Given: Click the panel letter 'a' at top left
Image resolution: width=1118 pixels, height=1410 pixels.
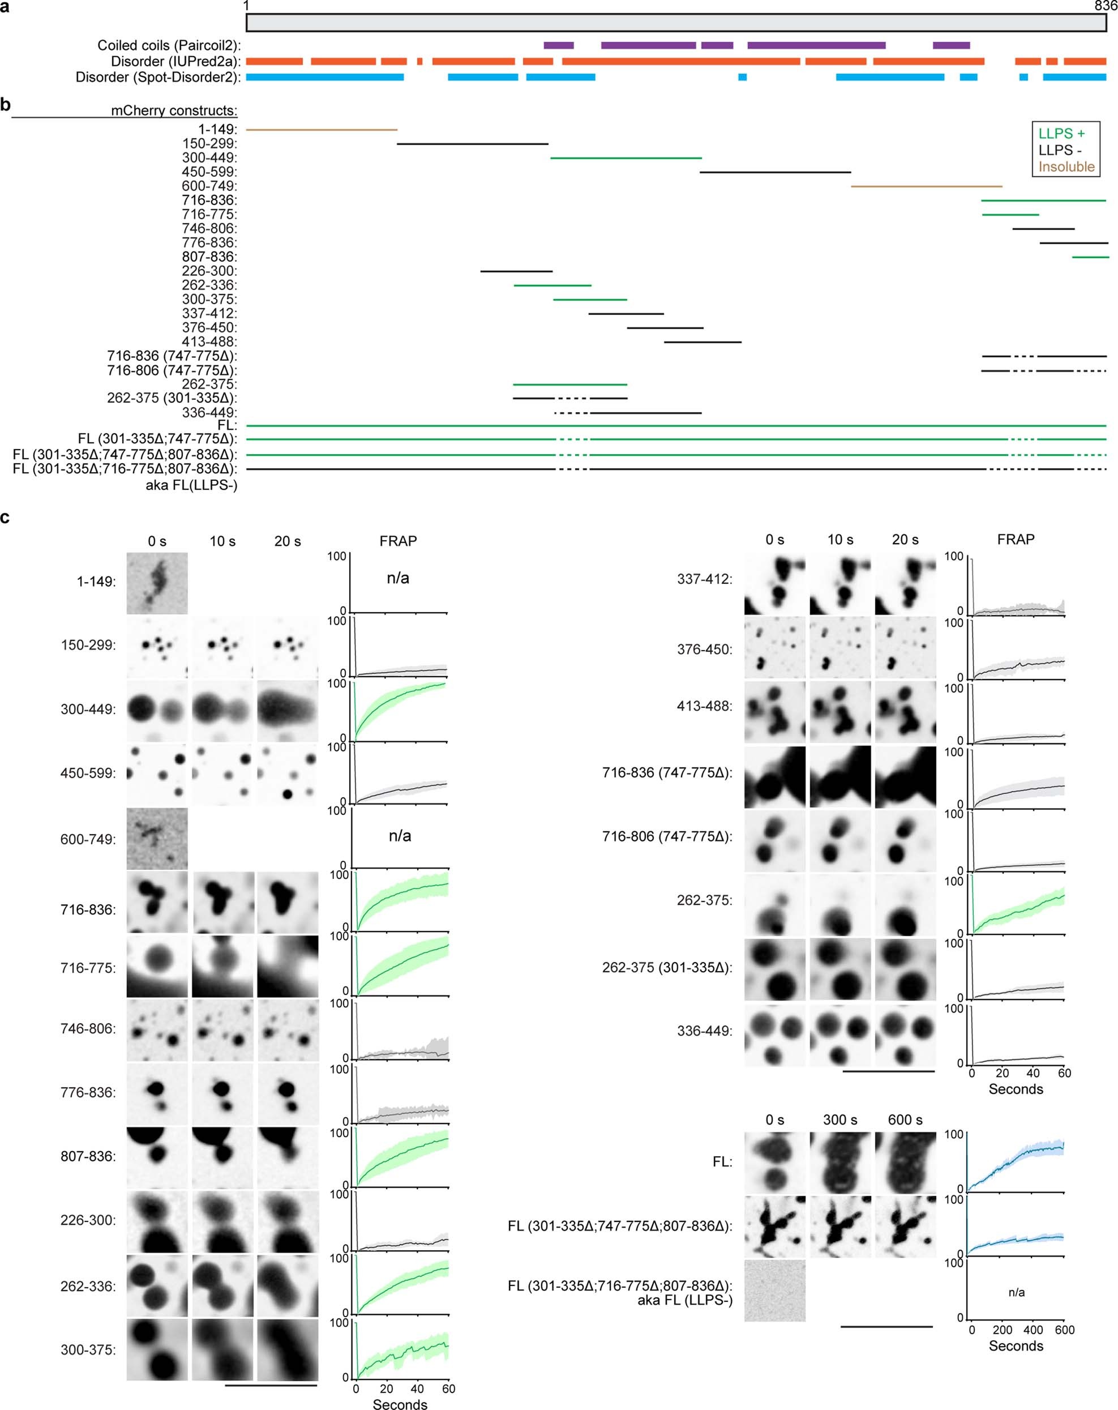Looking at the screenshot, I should click(x=5, y=7).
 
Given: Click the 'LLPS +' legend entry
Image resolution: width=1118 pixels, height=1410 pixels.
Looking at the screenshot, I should click(x=1061, y=134).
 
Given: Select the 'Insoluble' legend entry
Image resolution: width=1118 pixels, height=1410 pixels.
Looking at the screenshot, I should click(x=1066, y=167).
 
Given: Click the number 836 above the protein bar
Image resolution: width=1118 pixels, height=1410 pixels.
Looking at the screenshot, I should click(x=1106, y=6).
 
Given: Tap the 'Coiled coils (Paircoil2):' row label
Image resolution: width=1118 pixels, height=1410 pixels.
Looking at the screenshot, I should click(x=169, y=45).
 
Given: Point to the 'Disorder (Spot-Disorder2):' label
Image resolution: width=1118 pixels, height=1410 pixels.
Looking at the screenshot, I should click(x=157, y=77).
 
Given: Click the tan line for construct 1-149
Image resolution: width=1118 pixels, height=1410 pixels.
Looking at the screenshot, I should click(x=321, y=130).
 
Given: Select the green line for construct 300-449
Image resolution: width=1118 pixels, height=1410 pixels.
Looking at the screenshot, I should click(x=626, y=157).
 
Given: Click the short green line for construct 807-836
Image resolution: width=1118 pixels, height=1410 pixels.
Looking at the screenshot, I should click(x=1090, y=257).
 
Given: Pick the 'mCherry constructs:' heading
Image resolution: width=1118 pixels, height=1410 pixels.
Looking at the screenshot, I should click(x=174, y=110).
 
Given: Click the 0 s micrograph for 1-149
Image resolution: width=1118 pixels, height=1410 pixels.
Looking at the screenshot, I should click(x=157, y=583).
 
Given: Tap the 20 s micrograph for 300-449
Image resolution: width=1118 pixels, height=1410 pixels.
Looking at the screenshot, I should click(x=287, y=710).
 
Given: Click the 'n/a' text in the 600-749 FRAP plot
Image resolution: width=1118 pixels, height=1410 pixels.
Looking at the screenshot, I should click(x=400, y=836).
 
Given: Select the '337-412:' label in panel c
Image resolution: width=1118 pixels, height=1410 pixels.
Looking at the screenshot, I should click(x=704, y=579).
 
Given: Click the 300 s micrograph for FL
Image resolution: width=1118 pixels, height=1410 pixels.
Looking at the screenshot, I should click(x=839, y=1163).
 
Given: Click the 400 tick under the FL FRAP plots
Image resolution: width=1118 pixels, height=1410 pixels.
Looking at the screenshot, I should click(x=1033, y=1330).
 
